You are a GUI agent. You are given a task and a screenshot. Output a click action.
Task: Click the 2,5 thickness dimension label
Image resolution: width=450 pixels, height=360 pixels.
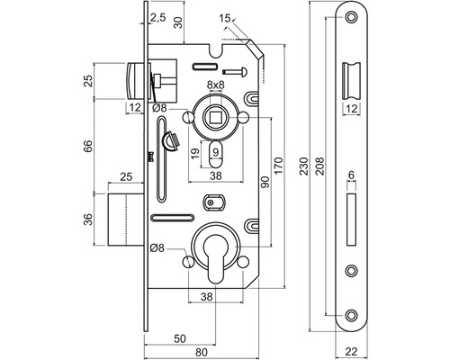click(157, 18)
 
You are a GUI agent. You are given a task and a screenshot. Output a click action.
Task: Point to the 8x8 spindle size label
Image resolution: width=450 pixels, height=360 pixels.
click(216, 85)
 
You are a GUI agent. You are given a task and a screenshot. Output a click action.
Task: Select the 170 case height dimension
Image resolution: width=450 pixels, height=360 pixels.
click(278, 166)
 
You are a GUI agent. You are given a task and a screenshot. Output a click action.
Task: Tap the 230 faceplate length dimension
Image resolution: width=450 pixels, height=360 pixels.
click(303, 166)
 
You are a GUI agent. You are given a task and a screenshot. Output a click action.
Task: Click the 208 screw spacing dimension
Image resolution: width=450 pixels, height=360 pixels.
click(319, 166)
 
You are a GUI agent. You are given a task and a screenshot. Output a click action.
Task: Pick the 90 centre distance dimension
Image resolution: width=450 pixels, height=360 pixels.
click(265, 182)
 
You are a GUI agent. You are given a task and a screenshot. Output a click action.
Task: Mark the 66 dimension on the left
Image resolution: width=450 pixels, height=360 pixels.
click(88, 146)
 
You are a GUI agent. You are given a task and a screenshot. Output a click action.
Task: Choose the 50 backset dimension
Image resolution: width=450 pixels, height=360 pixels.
click(180, 338)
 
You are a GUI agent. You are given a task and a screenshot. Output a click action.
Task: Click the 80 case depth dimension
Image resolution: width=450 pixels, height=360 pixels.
click(202, 352)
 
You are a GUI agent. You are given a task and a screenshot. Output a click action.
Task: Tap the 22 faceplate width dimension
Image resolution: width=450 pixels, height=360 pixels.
click(351, 351)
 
